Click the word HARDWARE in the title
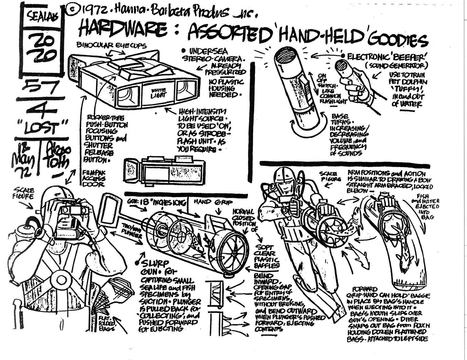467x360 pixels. (x=123, y=30)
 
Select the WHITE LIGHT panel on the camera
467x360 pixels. (x=158, y=93)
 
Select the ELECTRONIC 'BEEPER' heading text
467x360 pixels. (x=388, y=57)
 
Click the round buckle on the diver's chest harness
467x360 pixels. (x=60, y=279)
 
